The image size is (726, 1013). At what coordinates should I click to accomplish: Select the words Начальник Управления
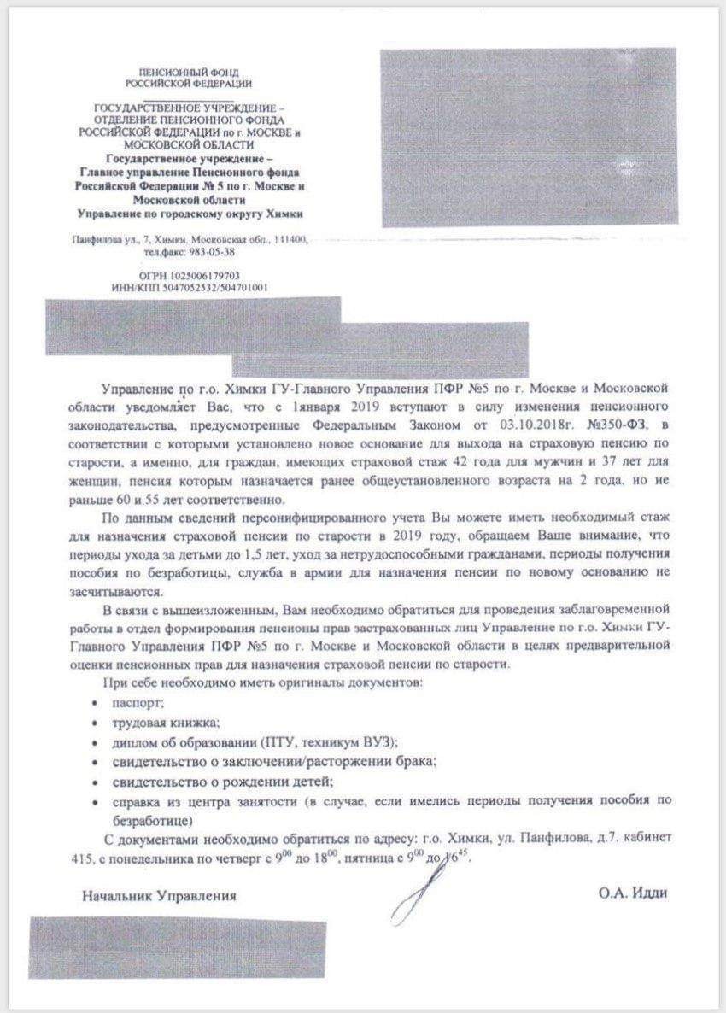[x=160, y=896]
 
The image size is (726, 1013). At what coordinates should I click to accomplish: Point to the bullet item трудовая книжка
[x=161, y=722]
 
